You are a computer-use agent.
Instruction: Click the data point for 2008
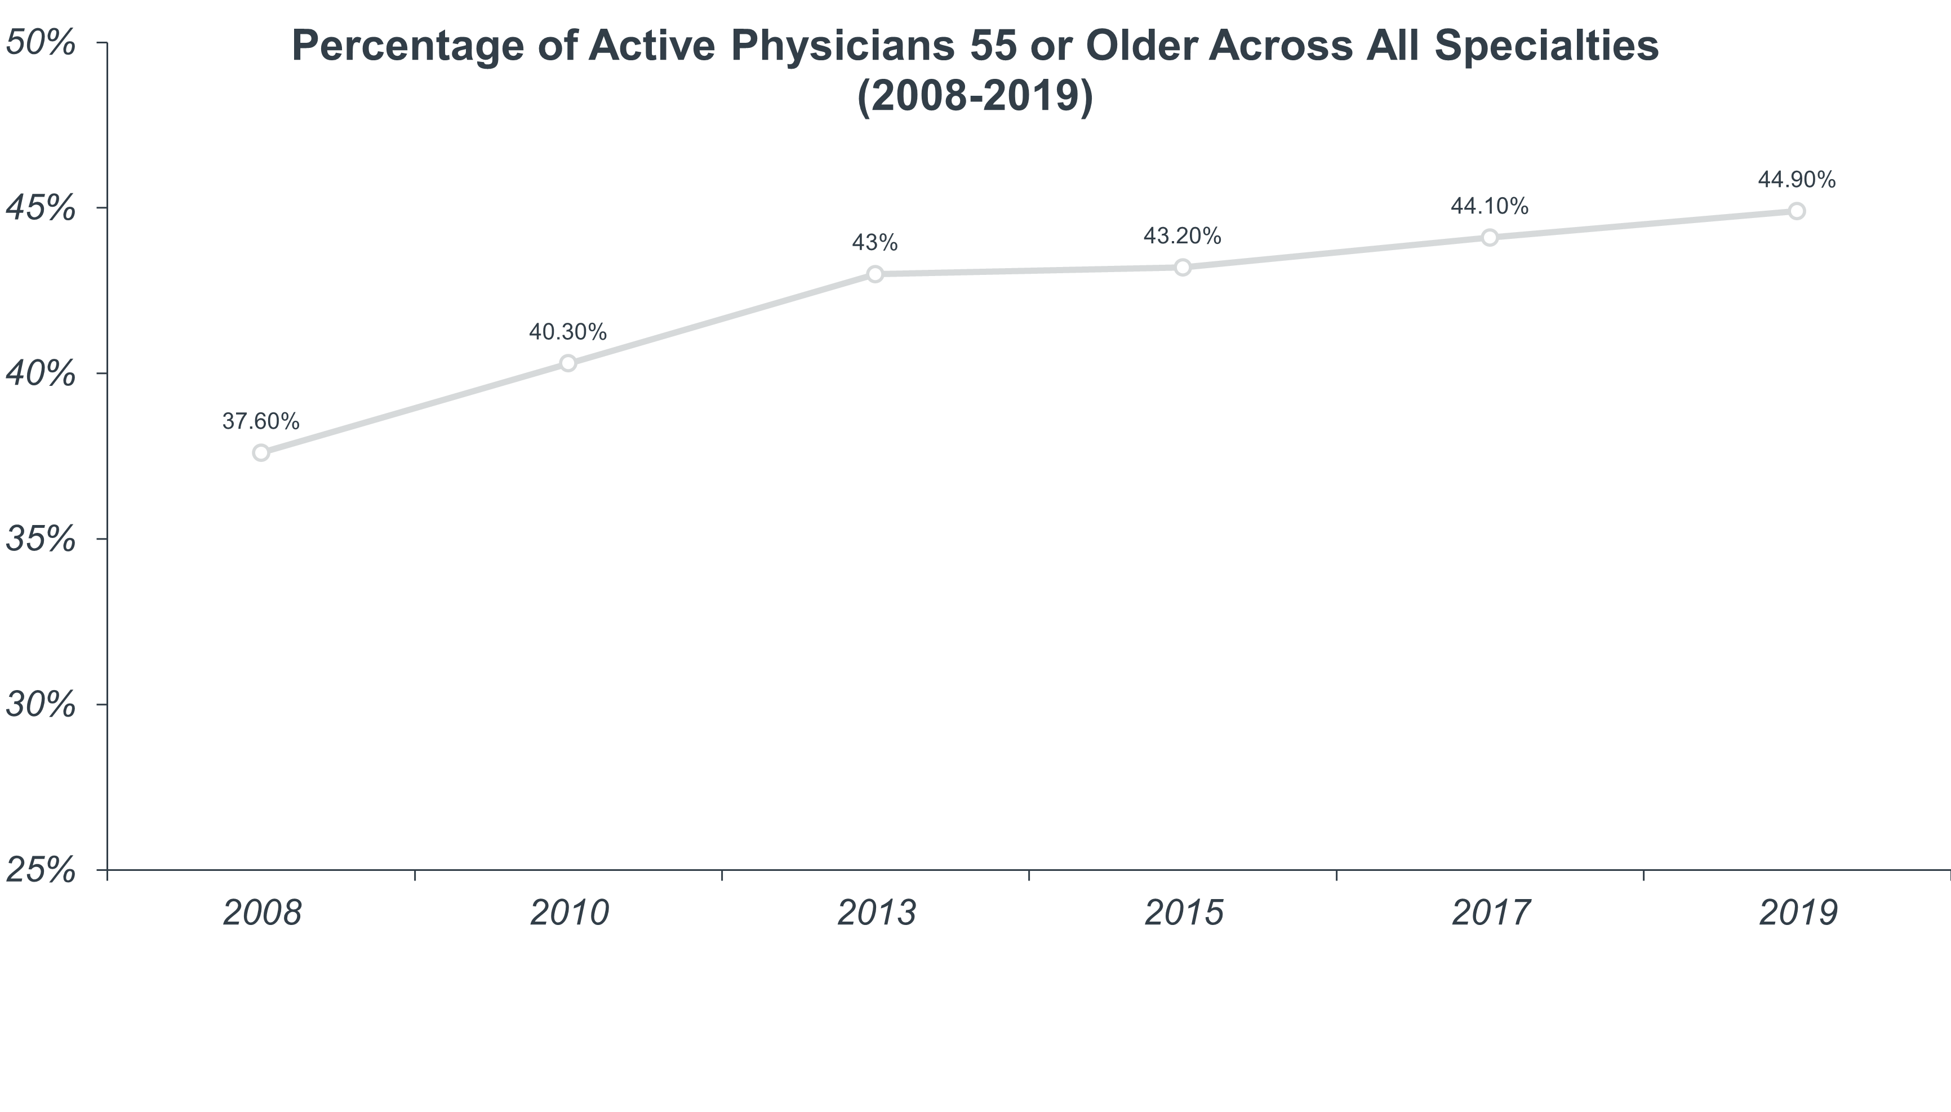[261, 453]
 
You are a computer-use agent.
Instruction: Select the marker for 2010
[568, 363]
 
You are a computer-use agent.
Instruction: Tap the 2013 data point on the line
[875, 273]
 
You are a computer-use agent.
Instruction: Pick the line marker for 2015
[1182, 266]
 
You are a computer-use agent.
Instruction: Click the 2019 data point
[1797, 211]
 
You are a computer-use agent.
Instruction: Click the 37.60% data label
[261, 421]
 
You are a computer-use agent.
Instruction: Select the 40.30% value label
[568, 331]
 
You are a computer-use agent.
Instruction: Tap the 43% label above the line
[875, 243]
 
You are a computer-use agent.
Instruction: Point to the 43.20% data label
[1182, 236]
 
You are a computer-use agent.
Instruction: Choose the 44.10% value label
[1489, 206]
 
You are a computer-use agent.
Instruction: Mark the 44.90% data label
[1797, 180]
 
